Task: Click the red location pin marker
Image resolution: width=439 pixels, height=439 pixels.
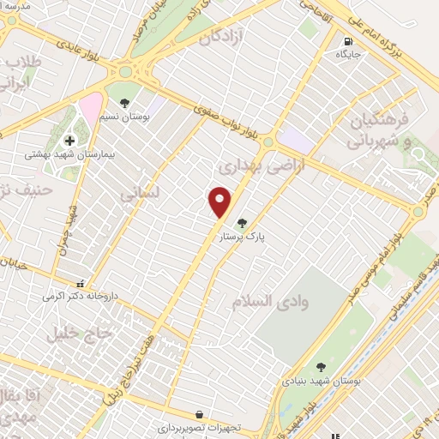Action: (x=220, y=202)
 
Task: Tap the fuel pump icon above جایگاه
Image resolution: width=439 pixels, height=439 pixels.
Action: (x=347, y=40)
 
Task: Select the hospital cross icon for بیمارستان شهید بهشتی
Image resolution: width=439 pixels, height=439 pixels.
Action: (x=69, y=141)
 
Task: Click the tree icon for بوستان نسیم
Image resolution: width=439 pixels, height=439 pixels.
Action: (x=126, y=103)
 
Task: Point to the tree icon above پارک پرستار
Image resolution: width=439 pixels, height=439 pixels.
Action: (x=253, y=223)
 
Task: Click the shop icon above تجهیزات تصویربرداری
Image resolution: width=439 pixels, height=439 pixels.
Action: (x=199, y=415)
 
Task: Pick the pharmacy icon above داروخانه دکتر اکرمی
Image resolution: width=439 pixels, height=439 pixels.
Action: (x=80, y=283)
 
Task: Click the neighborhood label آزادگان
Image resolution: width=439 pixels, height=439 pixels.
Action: (x=222, y=39)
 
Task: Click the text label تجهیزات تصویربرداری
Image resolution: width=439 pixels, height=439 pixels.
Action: (x=199, y=427)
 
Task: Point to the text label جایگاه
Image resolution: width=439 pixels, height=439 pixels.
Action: (x=347, y=53)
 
